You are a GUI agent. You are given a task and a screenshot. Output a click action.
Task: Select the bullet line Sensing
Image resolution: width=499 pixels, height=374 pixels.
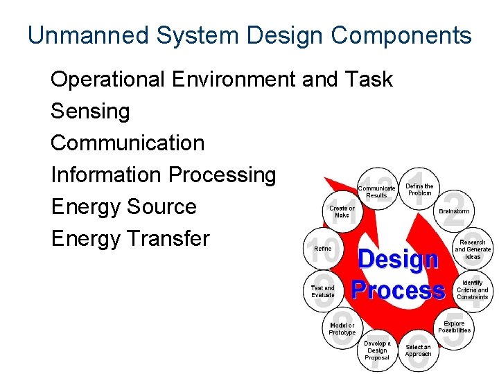90,111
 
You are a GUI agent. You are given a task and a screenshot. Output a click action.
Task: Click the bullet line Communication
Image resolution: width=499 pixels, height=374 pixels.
128,143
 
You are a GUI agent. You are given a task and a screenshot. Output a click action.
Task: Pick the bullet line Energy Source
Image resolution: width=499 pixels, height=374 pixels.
123,206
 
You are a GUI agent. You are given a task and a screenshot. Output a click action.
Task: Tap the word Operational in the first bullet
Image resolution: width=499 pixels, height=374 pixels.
108,79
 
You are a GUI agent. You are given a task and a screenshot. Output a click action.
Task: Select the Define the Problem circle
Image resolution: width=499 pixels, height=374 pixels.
419,189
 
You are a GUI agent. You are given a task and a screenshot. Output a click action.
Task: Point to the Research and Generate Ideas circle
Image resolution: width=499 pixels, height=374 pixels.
473,249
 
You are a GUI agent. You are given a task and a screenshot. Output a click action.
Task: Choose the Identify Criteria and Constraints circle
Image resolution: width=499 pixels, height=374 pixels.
472,290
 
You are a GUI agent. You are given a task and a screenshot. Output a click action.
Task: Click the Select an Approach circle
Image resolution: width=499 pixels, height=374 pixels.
418,350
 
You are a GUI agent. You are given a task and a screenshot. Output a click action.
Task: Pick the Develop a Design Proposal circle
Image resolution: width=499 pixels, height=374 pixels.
377,350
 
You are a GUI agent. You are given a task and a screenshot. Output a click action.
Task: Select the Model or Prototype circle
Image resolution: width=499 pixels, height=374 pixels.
342,329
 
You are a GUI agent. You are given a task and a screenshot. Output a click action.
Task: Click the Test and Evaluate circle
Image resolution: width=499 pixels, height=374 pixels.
322,292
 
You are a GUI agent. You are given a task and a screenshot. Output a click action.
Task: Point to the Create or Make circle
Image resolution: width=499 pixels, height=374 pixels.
342,211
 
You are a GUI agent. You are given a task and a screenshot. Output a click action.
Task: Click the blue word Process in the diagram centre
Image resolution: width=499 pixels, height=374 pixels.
398,290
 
